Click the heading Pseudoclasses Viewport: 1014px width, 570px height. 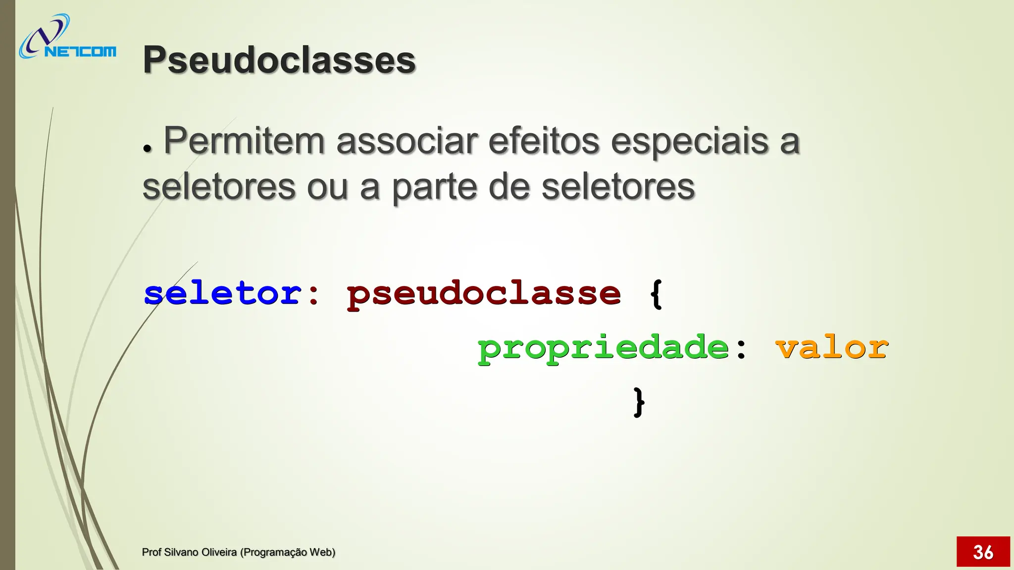tap(279, 60)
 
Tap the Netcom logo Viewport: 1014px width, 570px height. tap(67, 38)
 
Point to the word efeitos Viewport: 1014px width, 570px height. tap(544, 141)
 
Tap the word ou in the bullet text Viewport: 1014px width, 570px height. tap(327, 188)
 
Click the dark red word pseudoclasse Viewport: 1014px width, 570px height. tap(483, 294)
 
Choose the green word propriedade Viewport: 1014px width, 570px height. tap(603, 348)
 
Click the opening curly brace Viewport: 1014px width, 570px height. tap(656, 294)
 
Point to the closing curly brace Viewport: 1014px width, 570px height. tap(639, 402)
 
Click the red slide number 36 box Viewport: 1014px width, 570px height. tap(983, 551)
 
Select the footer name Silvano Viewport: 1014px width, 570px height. tap(181, 552)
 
